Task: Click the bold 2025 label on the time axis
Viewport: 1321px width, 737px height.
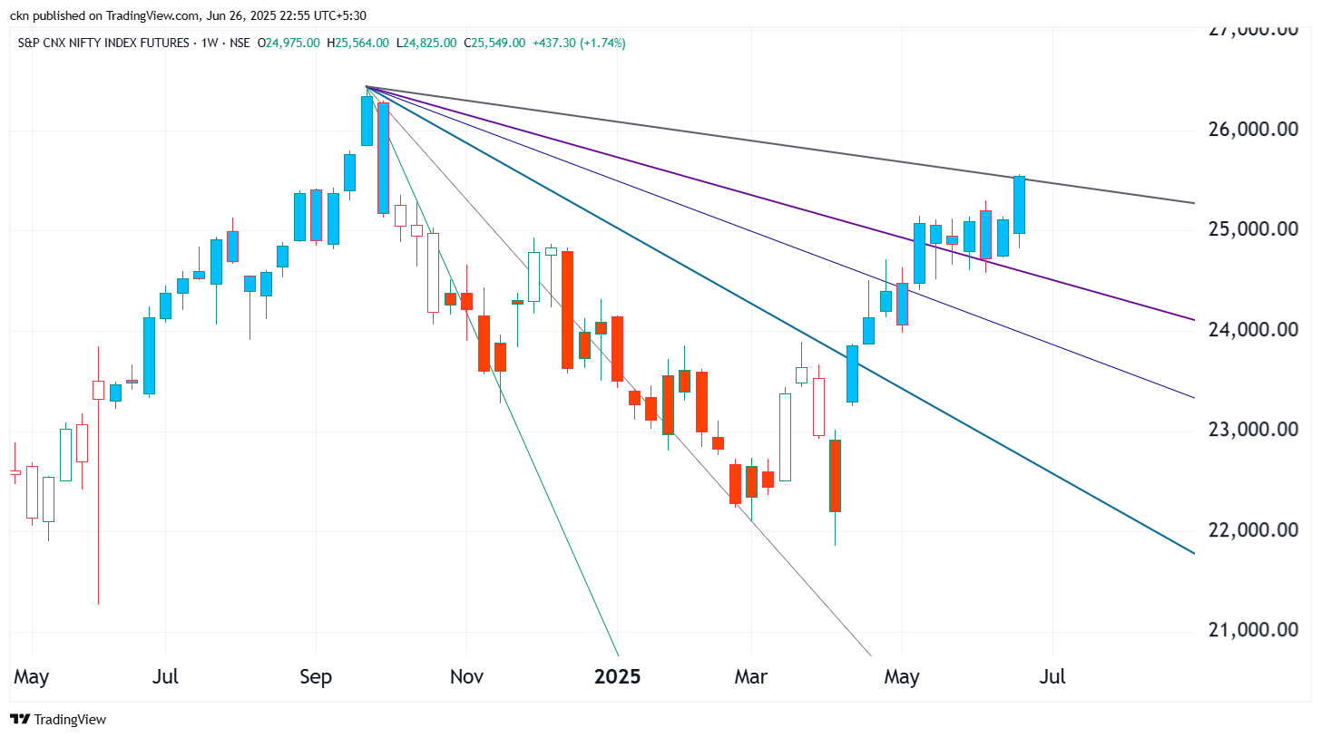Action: tap(617, 676)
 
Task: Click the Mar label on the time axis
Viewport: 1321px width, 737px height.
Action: tap(751, 676)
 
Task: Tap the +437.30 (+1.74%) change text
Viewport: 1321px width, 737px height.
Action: tap(580, 43)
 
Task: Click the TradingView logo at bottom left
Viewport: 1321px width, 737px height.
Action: tap(59, 719)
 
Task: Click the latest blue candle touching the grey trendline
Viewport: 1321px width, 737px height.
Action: tap(1019, 205)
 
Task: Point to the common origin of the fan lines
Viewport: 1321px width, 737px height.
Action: tap(366, 87)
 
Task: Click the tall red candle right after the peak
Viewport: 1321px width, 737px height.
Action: tap(384, 158)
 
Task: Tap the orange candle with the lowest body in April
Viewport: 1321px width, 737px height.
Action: tap(835, 475)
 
